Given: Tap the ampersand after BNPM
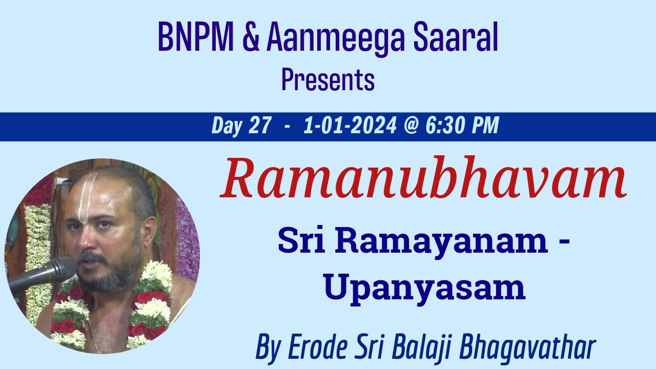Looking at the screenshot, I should (251, 38).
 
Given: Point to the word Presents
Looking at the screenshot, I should (328, 80).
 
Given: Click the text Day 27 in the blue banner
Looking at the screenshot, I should (241, 126).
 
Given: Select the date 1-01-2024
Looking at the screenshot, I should (350, 126).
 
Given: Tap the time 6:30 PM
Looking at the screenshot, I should (462, 126).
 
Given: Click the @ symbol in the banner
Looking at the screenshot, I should (411, 126).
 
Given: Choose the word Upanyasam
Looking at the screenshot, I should (424, 288).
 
